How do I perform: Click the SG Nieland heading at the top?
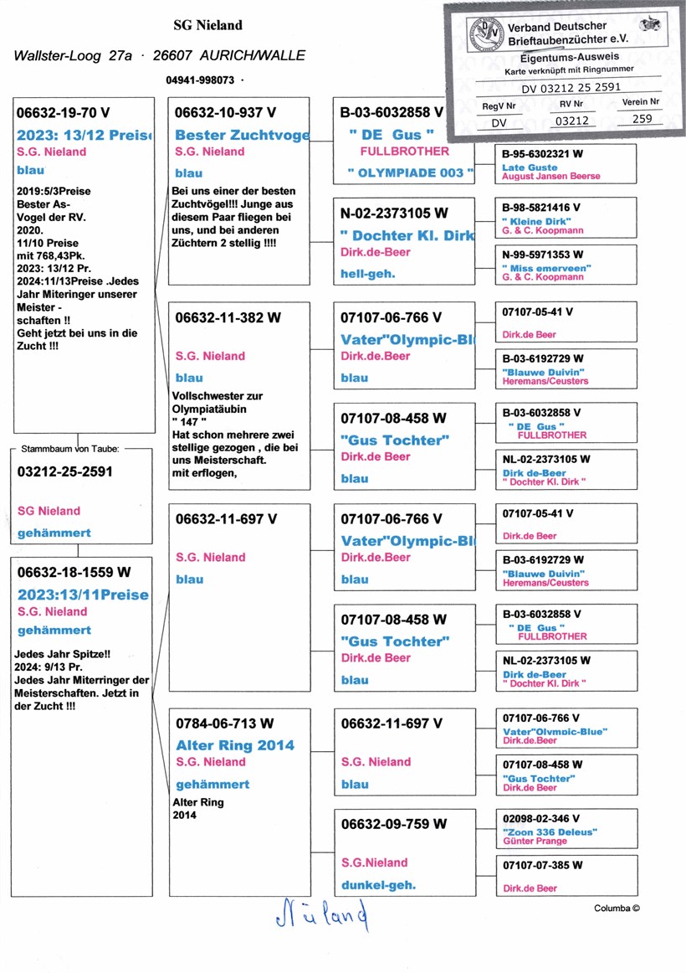pos(207,25)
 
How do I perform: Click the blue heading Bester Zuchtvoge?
pos(241,135)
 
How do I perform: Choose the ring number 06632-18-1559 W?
pos(74,572)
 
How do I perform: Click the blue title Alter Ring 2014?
pos(235,745)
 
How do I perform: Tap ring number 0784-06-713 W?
pos(224,723)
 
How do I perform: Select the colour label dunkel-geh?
pos(378,884)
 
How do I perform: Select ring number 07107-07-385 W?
pos(542,865)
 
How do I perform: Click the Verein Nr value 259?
pos(641,120)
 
